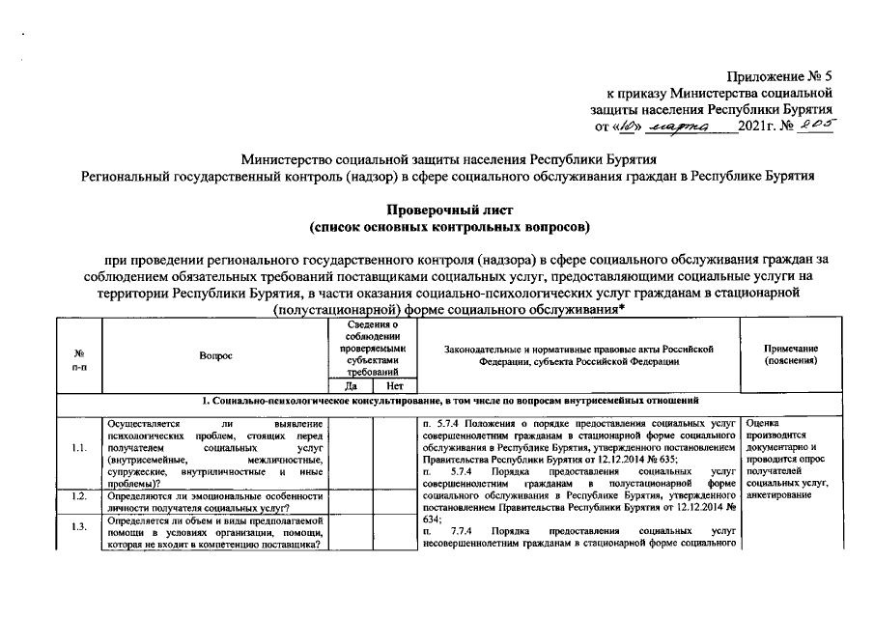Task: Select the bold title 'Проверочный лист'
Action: point(448,210)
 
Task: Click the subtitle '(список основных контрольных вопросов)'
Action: point(448,227)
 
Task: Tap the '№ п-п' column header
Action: point(78,362)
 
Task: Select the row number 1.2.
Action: point(78,497)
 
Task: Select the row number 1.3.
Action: point(78,528)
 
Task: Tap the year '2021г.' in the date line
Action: point(757,126)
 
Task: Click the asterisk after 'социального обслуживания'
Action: point(622,307)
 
